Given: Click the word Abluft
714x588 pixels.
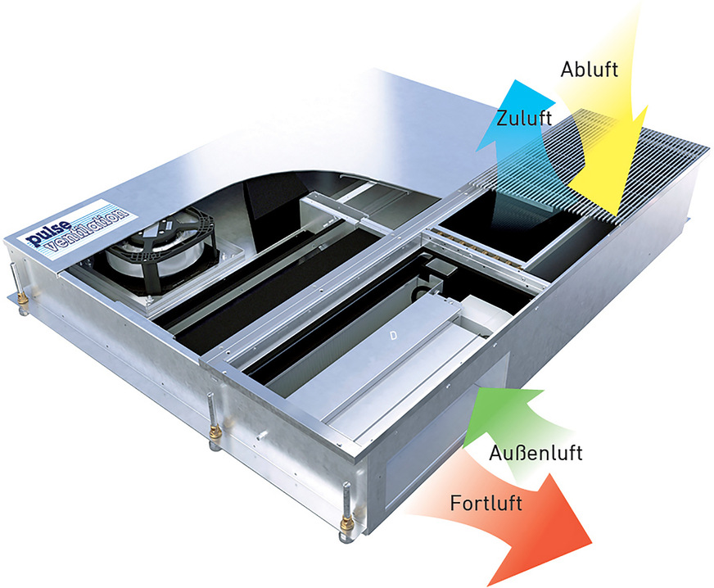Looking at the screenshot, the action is coord(590,70).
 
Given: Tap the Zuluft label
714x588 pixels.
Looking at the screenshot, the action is coord(524,118).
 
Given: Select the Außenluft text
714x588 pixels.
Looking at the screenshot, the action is coord(536,453).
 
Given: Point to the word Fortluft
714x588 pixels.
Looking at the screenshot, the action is coord(486,504).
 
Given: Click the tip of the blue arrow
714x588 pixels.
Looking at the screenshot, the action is coord(517,80).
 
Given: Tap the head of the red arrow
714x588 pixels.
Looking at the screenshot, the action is coord(591,542).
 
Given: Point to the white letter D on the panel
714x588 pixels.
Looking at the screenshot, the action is coord(393,336).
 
